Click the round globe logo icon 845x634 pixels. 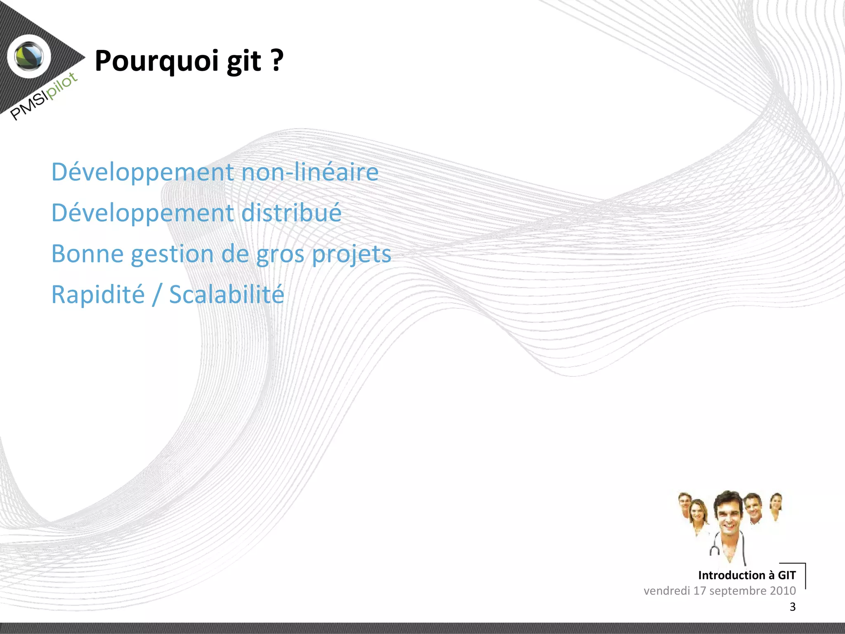29,56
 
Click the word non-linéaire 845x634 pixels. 309,172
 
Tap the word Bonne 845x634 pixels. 87,253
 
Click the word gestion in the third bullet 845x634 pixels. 172,254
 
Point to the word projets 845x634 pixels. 351,254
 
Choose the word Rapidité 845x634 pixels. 98,294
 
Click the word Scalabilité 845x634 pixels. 227,294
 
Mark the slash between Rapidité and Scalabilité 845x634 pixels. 156,295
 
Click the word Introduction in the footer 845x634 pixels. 732,575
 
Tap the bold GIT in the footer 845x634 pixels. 786,575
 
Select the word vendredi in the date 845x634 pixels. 666,591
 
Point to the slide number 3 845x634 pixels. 792,606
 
